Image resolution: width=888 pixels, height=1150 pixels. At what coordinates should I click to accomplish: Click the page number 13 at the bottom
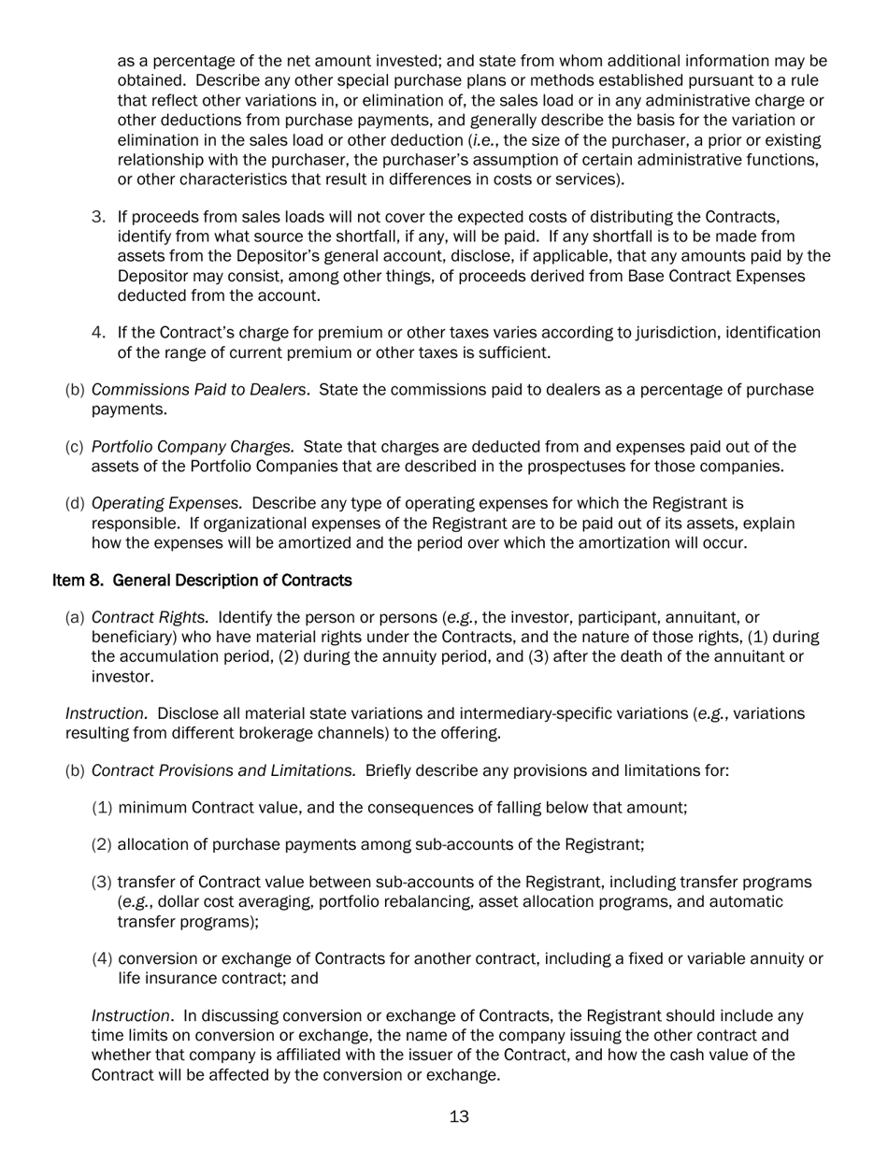[459, 1116]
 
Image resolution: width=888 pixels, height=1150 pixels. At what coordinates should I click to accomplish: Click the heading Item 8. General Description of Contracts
[202, 581]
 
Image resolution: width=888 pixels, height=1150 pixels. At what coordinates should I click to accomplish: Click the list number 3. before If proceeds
[99, 218]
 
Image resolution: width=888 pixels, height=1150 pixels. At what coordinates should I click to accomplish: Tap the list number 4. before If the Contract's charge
[99, 333]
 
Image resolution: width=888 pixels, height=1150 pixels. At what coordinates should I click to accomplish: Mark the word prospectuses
[570, 467]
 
